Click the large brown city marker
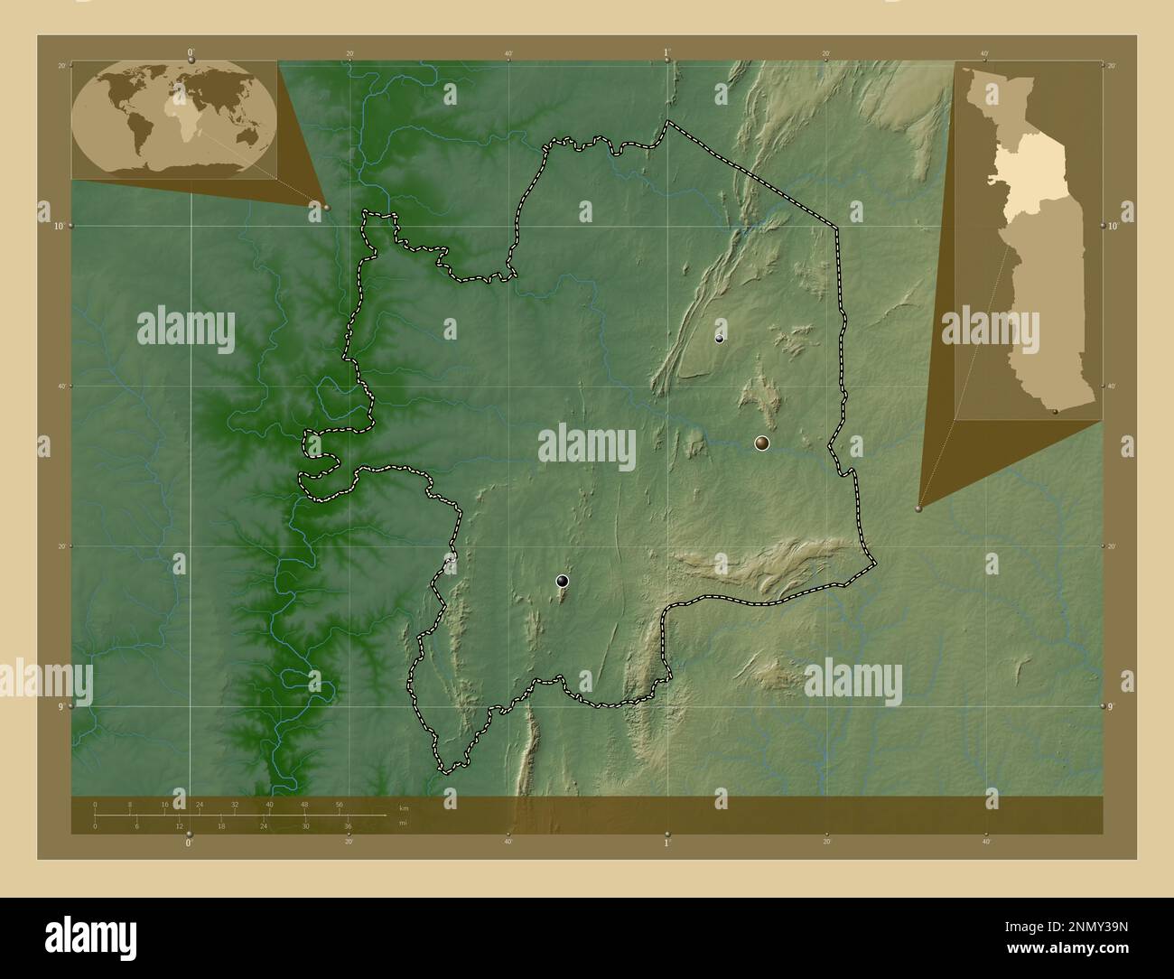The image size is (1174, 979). pyautogui.click(x=762, y=443)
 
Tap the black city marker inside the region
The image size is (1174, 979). pyautogui.click(x=563, y=581)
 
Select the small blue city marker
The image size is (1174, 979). pyautogui.click(x=719, y=339)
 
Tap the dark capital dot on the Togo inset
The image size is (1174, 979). pyautogui.click(x=1055, y=411)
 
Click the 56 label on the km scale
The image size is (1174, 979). pyautogui.click(x=340, y=804)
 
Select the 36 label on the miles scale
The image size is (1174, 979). pyautogui.click(x=346, y=825)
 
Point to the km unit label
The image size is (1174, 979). pyautogui.click(x=404, y=807)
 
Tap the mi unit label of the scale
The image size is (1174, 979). pyautogui.click(x=402, y=823)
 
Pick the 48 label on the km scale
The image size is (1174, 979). pyautogui.click(x=304, y=804)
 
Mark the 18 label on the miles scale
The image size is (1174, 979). pyautogui.click(x=220, y=825)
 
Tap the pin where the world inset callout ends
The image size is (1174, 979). pyautogui.click(x=326, y=207)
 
